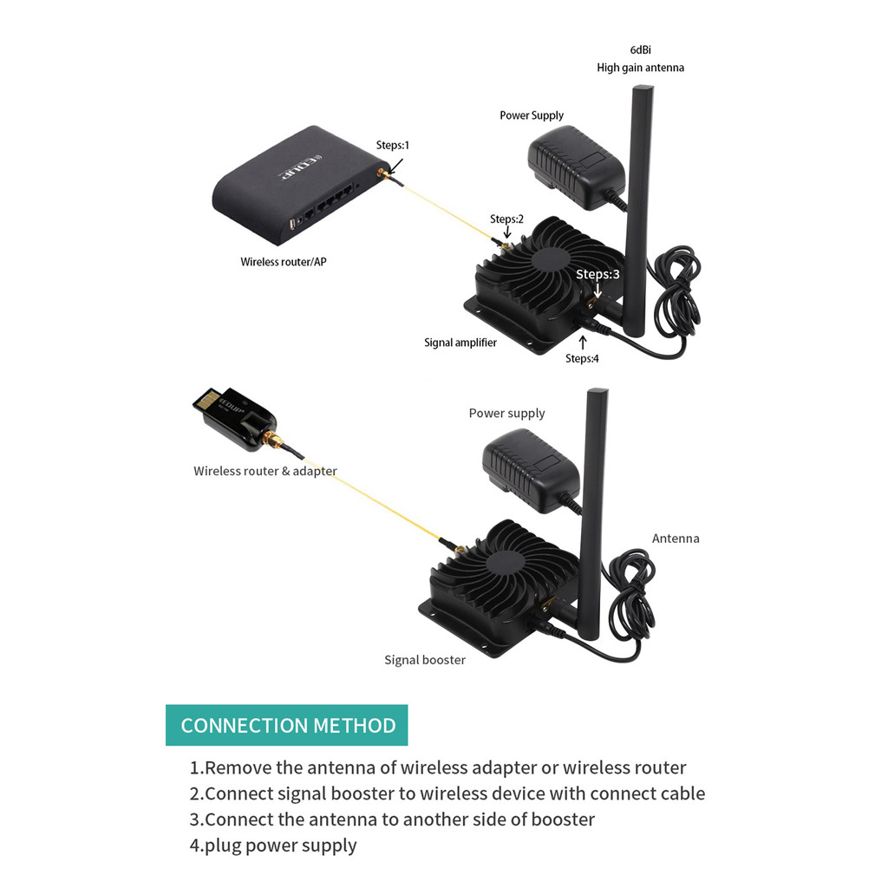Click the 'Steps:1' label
[x=392, y=145]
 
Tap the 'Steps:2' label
[x=506, y=219]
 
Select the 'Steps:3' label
[x=597, y=274]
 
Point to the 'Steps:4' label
[x=582, y=358]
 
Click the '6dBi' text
[x=641, y=50]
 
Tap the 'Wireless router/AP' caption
[x=284, y=261]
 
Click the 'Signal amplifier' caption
[x=460, y=343]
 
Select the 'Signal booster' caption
[x=425, y=660]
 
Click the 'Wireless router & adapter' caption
[x=265, y=471]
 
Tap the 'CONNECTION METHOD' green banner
[x=287, y=726]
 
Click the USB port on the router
[x=295, y=223]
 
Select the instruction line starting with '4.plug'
[x=273, y=846]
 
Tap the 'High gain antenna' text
[x=640, y=68]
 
